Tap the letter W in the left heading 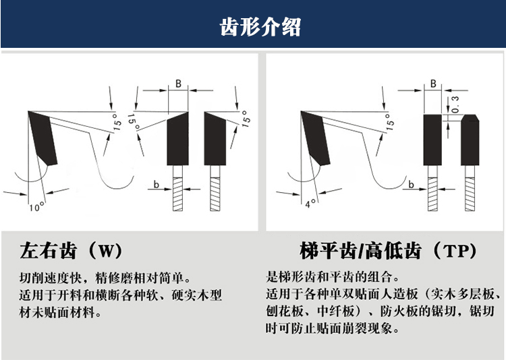111,252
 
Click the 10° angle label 36,206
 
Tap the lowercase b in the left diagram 155,183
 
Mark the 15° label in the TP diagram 390,121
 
